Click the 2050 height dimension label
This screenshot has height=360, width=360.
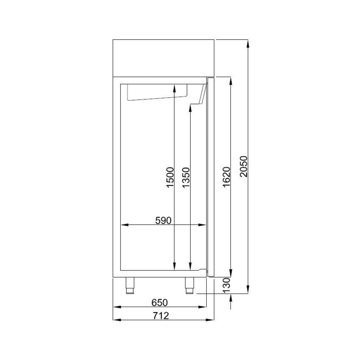coord(244,166)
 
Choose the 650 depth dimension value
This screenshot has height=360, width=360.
coord(160,302)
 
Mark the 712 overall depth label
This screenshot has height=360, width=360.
coord(160,316)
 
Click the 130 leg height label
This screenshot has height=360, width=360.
coord(226,285)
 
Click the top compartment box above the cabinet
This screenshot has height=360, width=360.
coord(164,58)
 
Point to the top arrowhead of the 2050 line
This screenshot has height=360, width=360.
coord(248,43)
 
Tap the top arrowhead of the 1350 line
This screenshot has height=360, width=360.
coord(190,108)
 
